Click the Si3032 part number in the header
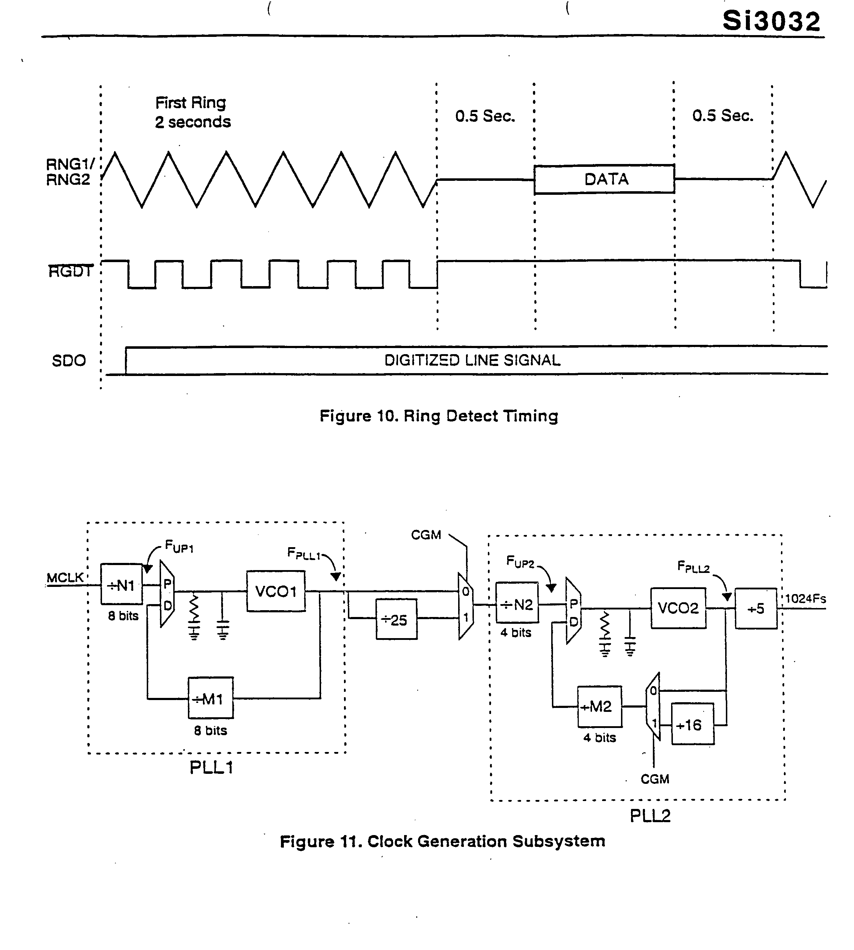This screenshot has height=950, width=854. [x=771, y=21]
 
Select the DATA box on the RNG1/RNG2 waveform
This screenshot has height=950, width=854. [x=605, y=179]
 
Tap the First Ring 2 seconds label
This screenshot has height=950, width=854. [x=193, y=112]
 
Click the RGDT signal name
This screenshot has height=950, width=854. [x=71, y=271]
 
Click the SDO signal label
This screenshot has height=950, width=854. [x=68, y=361]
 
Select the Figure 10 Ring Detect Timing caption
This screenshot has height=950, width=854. [x=439, y=416]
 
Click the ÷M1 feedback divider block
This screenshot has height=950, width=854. [x=210, y=699]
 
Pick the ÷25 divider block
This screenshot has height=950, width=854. [x=396, y=619]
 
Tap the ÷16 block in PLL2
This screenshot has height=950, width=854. [x=692, y=725]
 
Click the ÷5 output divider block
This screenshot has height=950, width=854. [x=756, y=608]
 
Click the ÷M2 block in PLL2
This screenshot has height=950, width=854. [x=599, y=707]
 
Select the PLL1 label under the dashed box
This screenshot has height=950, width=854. [x=211, y=767]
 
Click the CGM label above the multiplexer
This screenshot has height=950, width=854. [x=426, y=535]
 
